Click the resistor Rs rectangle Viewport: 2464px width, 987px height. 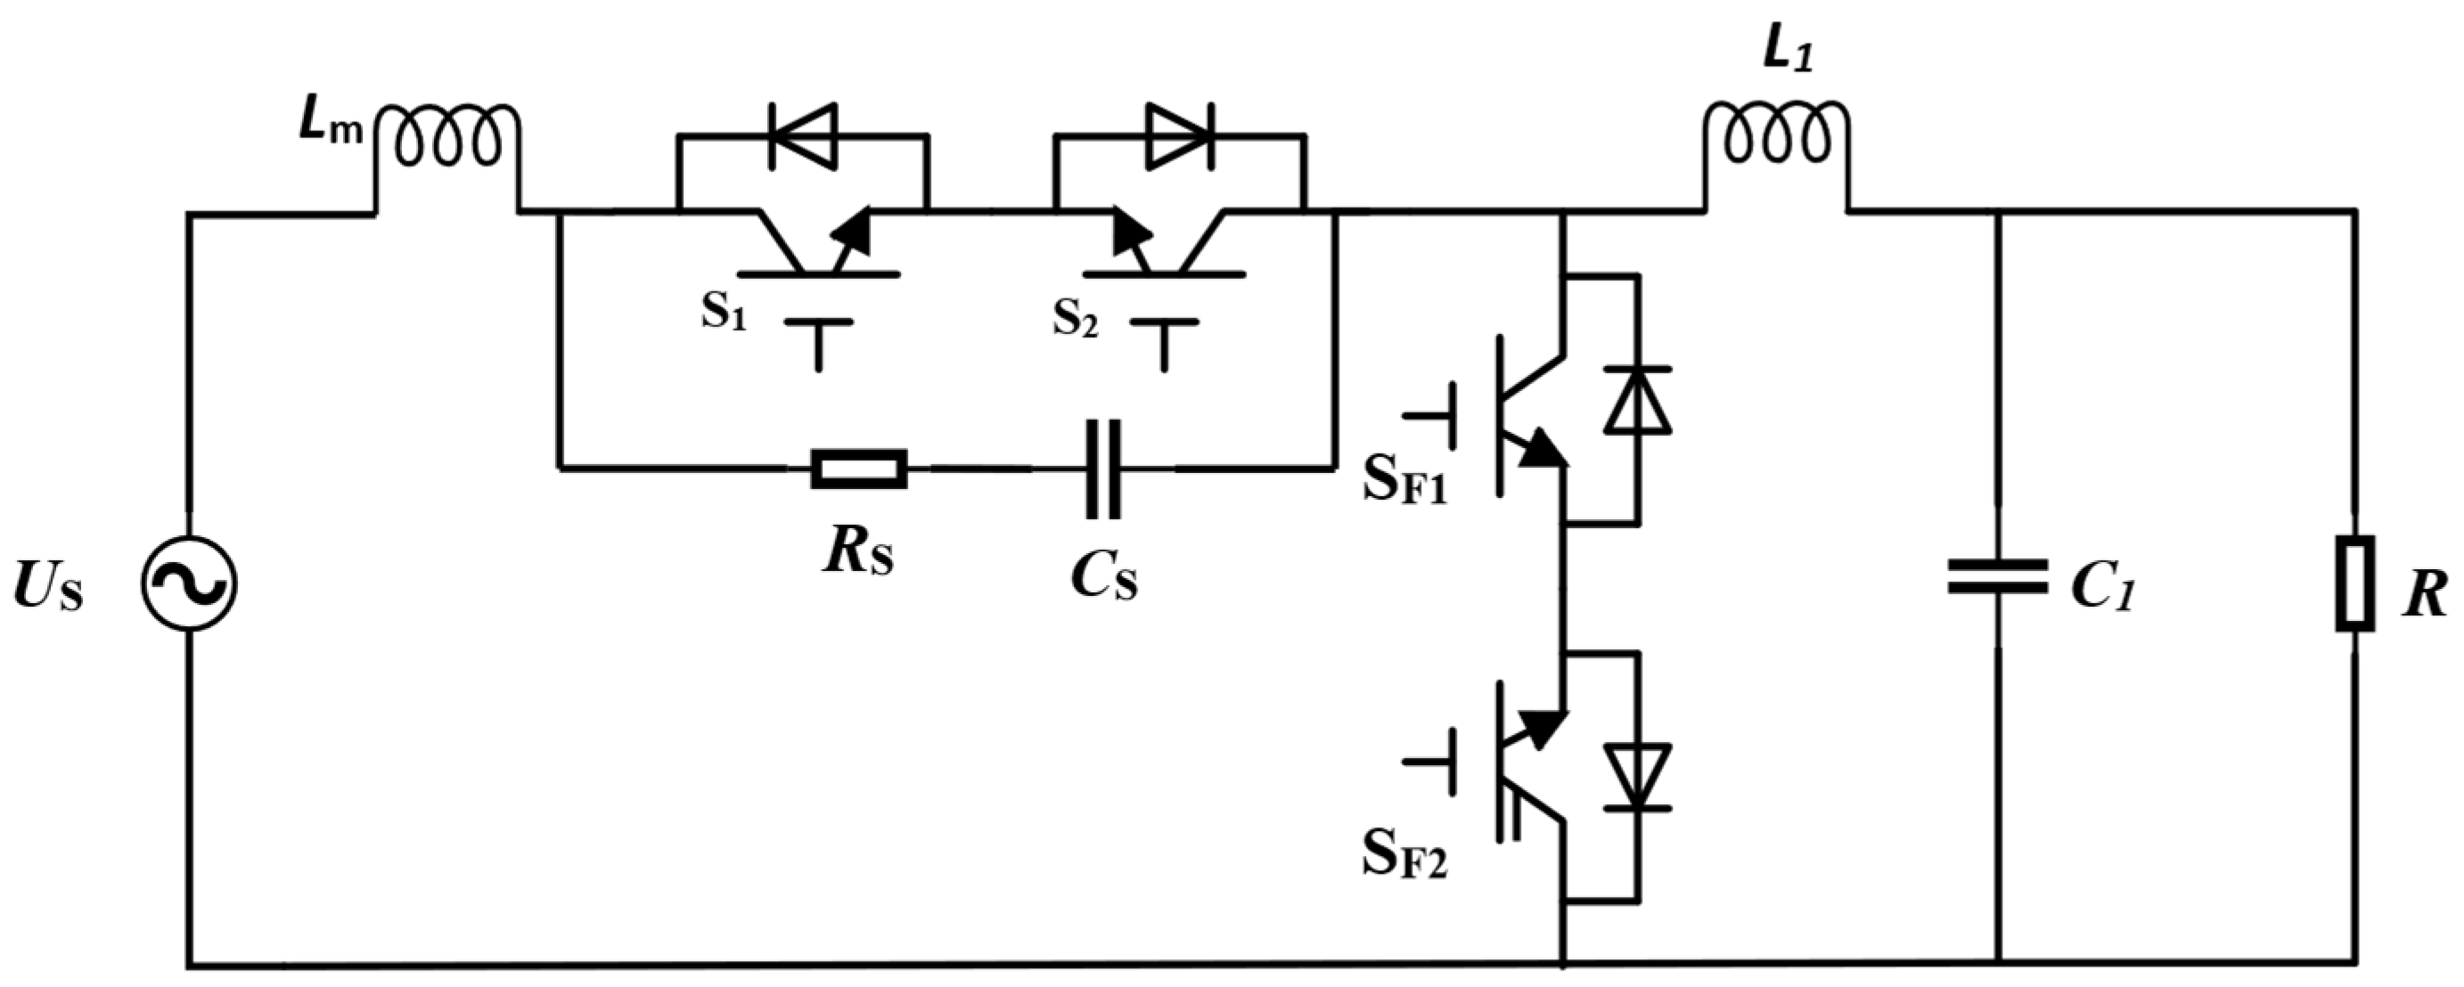click(x=859, y=469)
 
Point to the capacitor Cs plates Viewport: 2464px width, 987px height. click(x=1103, y=469)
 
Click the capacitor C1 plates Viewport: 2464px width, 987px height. click(x=1998, y=576)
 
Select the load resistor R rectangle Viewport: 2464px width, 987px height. click(x=2354, y=583)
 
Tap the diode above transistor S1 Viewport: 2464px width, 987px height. click(x=801, y=135)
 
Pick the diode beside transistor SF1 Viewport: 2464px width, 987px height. click(x=1638, y=400)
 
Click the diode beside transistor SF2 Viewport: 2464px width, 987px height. click(x=1638, y=777)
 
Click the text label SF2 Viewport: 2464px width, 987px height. click(x=1404, y=858)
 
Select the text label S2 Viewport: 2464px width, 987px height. click(x=1075, y=320)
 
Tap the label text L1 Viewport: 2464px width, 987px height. click(x=1786, y=54)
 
